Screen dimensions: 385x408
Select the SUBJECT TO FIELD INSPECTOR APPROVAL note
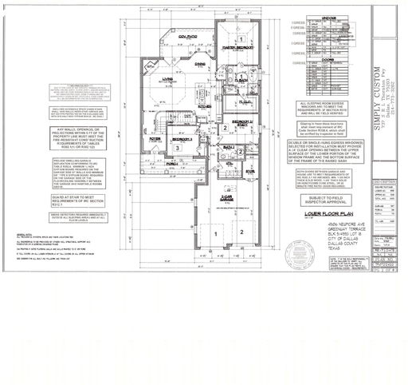pyautogui.click(x=328, y=199)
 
